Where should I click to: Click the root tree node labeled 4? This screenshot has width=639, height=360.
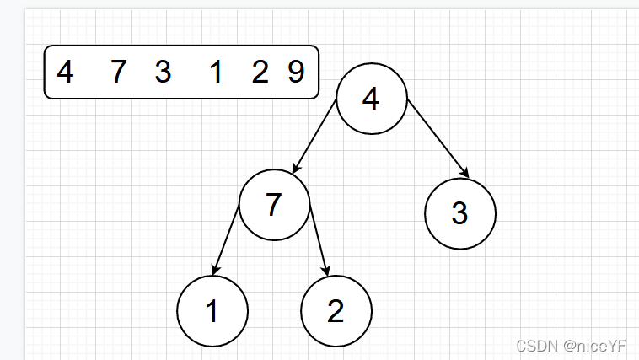point(371,99)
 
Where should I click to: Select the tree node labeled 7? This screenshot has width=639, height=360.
point(274,205)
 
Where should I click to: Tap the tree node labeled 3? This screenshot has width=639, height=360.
point(459,213)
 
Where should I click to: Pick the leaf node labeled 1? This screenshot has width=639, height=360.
point(212,311)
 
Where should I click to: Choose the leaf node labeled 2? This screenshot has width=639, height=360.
point(336,312)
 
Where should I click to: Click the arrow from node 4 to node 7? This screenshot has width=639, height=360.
point(314,136)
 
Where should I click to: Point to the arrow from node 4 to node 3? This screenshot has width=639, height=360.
point(438,138)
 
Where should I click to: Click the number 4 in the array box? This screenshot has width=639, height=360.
point(65,73)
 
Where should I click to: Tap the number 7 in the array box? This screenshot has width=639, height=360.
point(118,73)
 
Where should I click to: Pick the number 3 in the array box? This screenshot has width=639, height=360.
point(163,73)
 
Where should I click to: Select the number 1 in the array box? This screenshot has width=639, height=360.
point(216,73)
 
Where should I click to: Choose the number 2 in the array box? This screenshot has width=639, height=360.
point(260,73)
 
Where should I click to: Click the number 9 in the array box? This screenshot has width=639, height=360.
point(296,73)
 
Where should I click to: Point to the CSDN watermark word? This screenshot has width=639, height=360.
point(535,345)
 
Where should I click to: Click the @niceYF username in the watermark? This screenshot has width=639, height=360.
point(597,345)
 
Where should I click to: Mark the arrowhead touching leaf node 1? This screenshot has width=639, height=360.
point(215,270)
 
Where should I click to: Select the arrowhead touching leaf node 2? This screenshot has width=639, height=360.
point(327,271)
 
